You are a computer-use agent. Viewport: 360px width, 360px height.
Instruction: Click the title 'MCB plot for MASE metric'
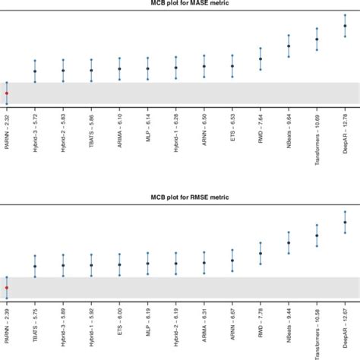coord(180,4)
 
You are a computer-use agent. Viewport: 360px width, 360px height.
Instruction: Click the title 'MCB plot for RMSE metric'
coord(180,197)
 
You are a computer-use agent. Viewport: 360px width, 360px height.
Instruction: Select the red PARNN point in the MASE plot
coord(7,93)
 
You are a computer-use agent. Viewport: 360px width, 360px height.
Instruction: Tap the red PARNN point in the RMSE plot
coord(7,288)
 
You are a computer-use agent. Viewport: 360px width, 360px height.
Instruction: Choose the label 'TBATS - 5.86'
coord(92,134)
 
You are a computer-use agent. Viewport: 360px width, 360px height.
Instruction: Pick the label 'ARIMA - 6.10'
coord(120,134)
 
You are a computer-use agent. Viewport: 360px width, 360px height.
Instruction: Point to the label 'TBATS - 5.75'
coord(35,327)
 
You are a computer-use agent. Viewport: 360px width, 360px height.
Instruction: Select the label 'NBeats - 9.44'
coord(289,327)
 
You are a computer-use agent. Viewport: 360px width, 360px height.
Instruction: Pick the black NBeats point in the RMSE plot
coord(289,244)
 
